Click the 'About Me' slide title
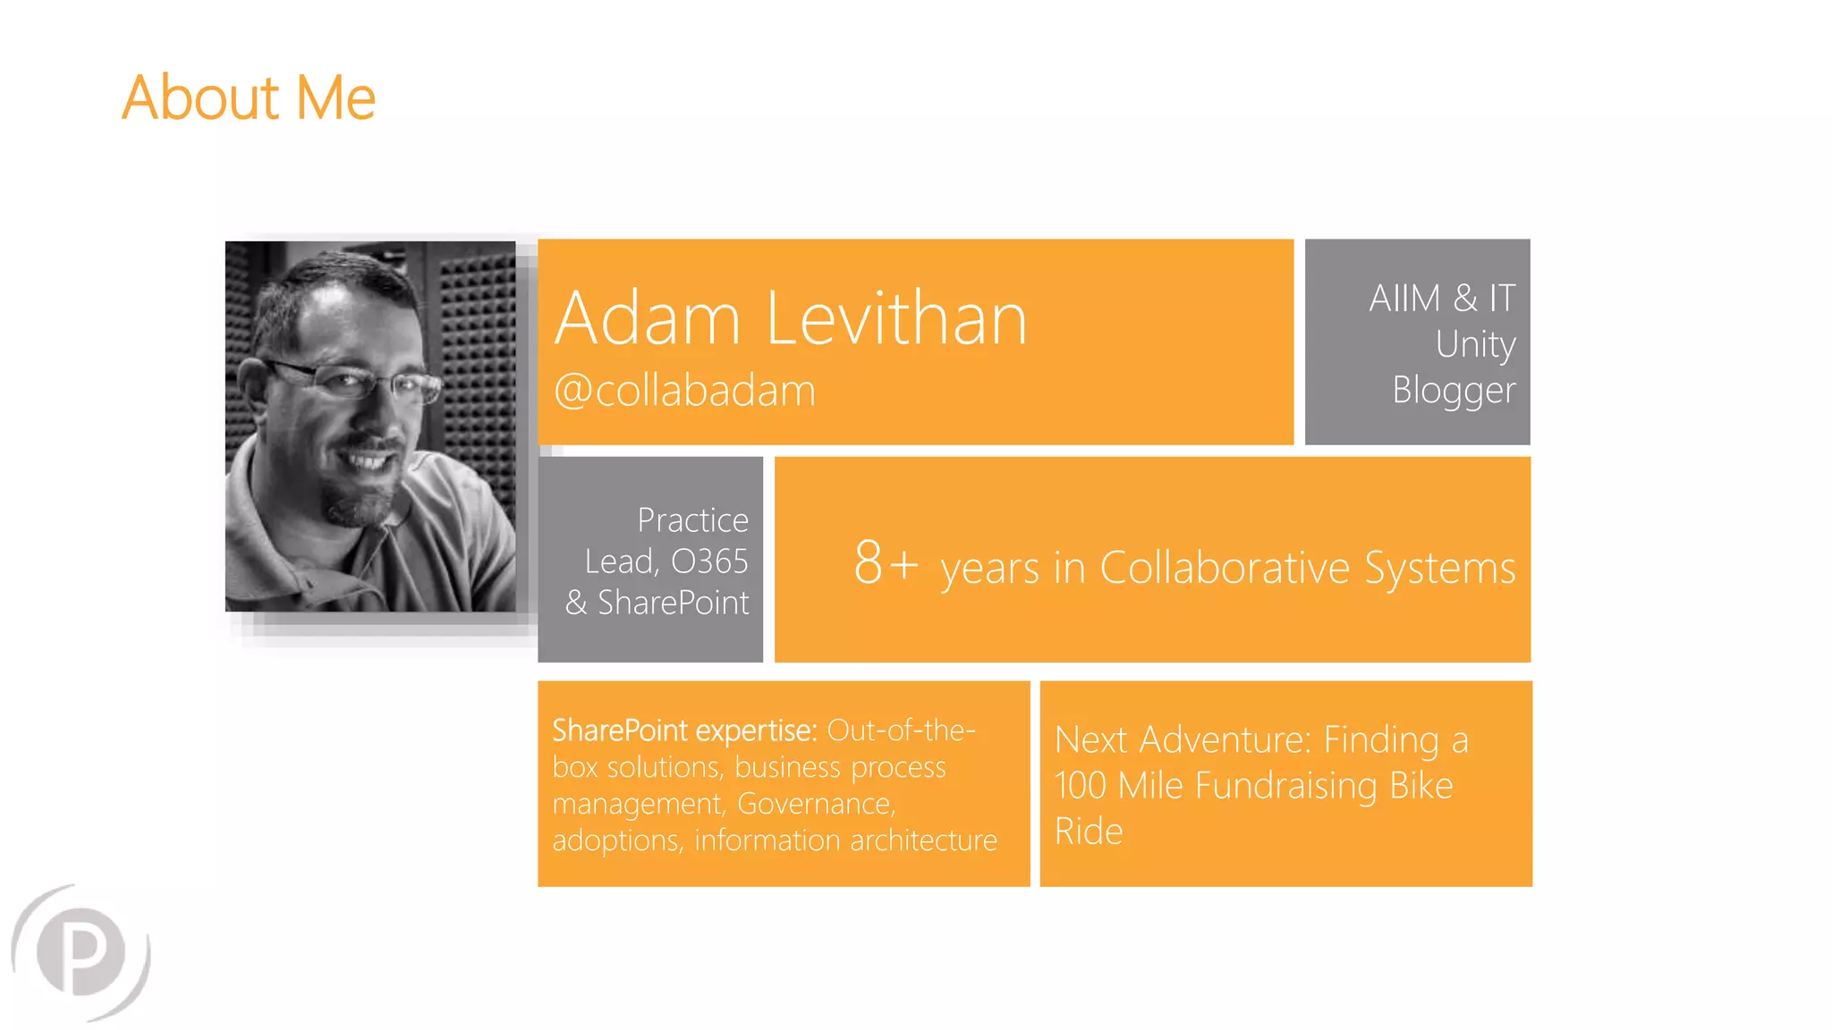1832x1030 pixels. pos(249,97)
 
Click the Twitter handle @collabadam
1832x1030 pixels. pos(685,391)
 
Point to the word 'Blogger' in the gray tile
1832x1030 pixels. pos(1454,391)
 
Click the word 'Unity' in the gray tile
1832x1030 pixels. pos(1475,344)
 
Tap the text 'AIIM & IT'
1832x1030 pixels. pos(1442,298)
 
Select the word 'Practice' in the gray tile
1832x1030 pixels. pos(692,519)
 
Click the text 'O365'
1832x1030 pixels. pos(709,561)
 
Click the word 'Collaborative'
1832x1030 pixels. pos(1224,568)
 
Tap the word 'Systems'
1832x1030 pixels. pos(1439,568)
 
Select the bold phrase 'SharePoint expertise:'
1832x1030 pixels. pos(684,730)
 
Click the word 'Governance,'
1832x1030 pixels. pos(816,804)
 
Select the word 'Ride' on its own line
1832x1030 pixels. pos(1088,832)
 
